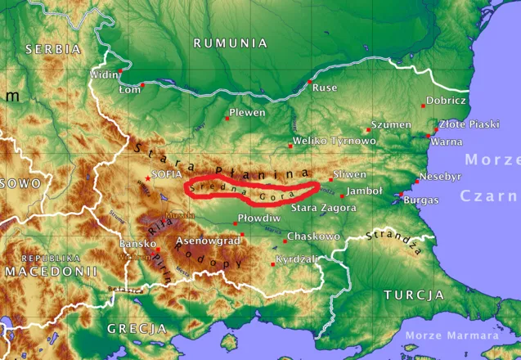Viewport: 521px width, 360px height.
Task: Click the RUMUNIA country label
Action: (x=230, y=43)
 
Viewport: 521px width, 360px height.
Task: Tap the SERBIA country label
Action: (x=53, y=49)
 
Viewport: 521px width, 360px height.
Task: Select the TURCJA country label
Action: (x=413, y=295)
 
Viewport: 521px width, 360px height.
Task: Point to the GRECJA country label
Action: (x=137, y=328)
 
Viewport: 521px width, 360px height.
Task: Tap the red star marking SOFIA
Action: (x=147, y=178)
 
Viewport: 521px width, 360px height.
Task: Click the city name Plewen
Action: (x=247, y=112)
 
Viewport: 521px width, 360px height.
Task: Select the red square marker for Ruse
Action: (x=309, y=83)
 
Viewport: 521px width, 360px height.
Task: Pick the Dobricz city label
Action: (x=447, y=101)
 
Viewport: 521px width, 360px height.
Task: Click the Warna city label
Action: (x=446, y=142)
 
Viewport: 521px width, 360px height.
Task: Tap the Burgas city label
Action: (x=420, y=200)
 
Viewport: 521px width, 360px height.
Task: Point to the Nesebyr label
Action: (x=440, y=176)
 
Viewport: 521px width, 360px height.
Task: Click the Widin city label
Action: (x=103, y=75)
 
